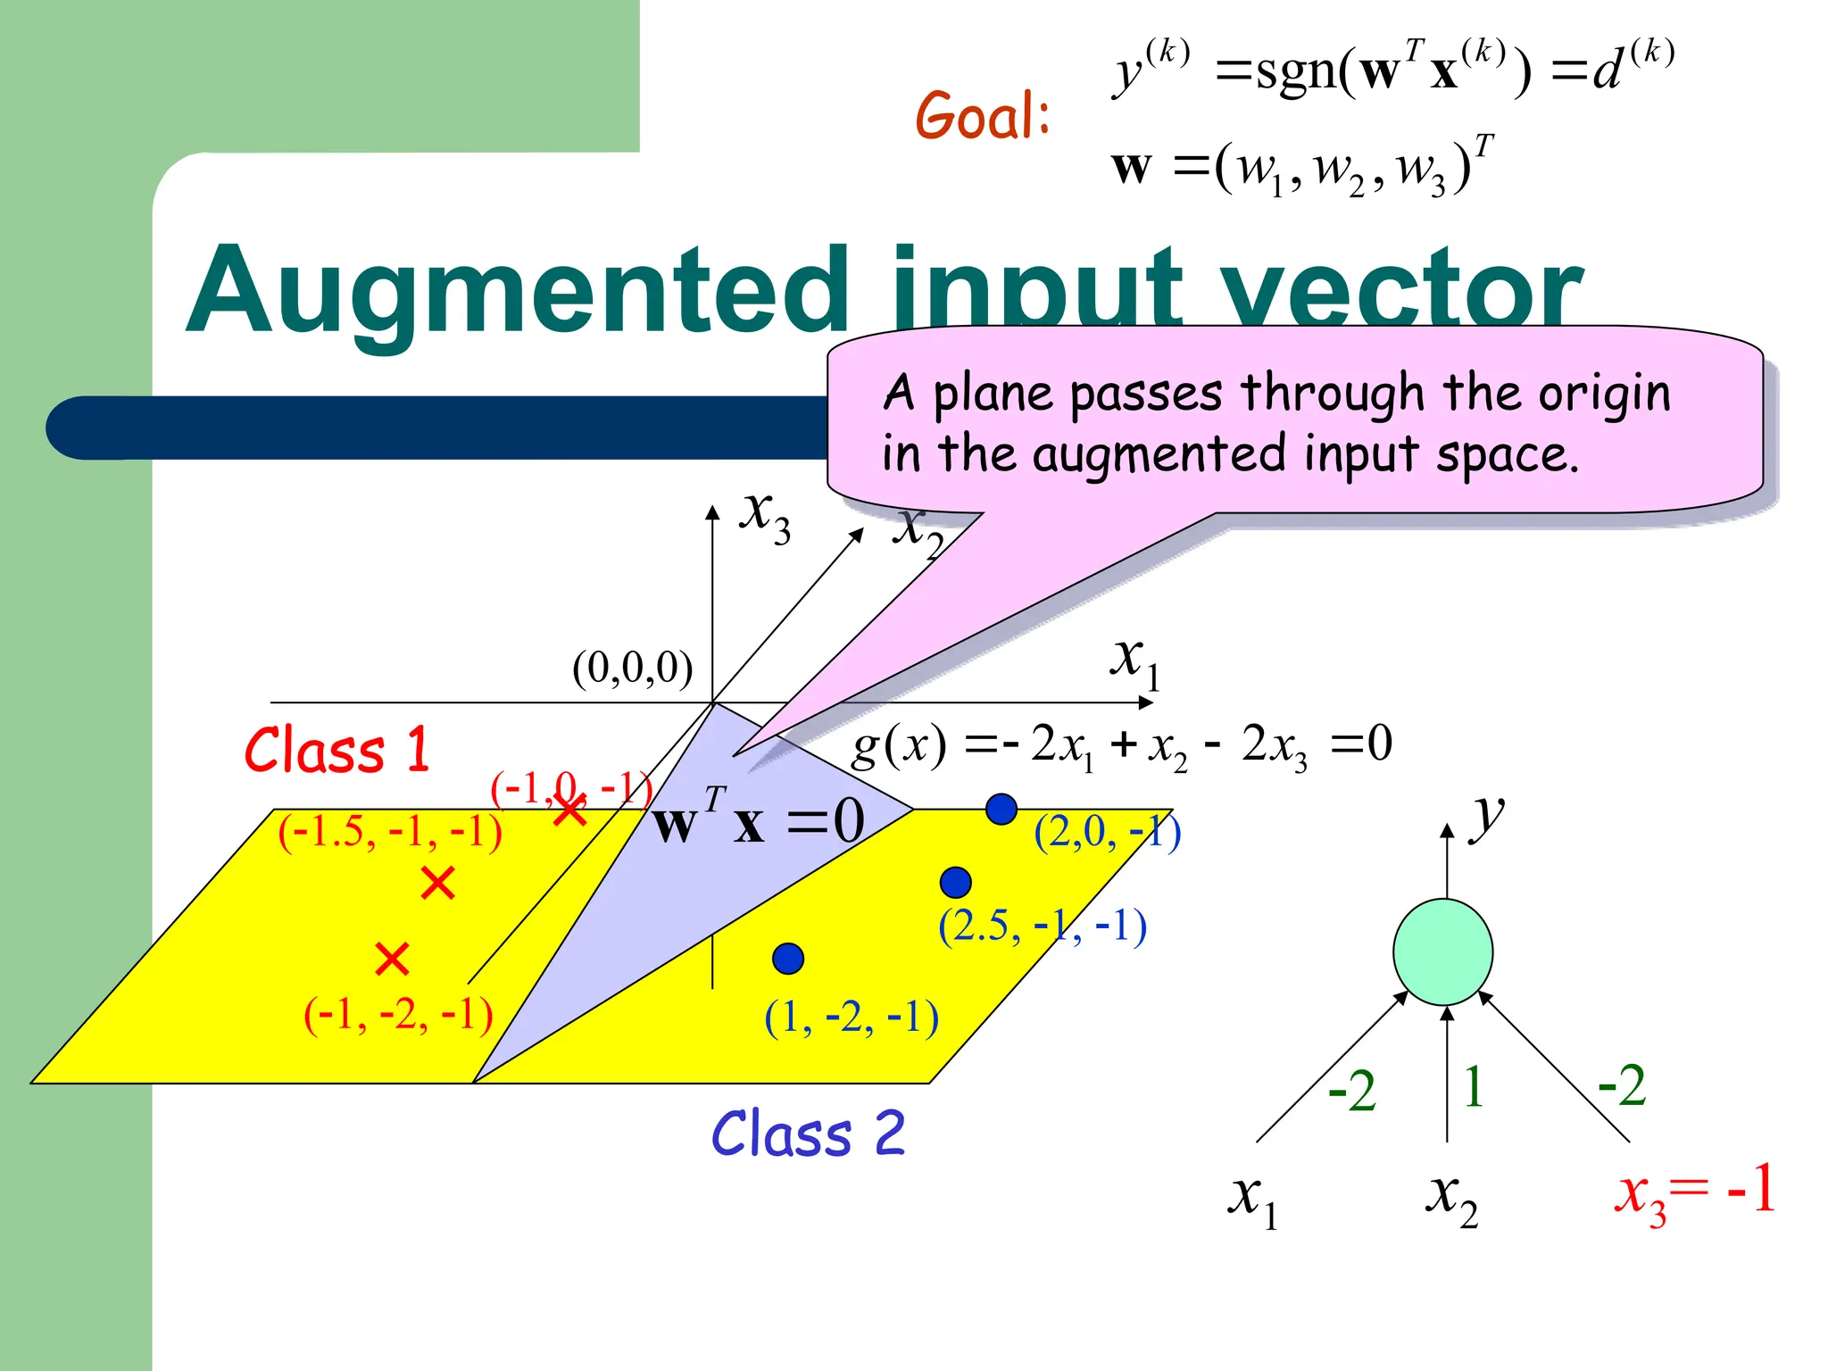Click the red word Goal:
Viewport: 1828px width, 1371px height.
(983, 116)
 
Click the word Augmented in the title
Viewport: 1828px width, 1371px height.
(518, 290)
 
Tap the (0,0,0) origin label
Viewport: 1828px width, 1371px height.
(632, 668)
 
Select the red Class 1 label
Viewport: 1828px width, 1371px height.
(337, 750)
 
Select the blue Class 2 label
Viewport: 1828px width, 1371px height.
(808, 1134)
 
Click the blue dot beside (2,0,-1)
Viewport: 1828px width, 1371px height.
(1001, 809)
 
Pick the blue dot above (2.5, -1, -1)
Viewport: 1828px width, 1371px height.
(955, 882)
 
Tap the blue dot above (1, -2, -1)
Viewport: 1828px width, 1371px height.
(788, 959)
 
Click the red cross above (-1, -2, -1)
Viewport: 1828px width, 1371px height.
(392, 960)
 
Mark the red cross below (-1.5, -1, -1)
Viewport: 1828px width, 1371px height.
(437, 883)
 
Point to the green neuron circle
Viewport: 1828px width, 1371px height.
(1442, 951)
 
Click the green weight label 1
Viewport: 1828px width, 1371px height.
(1474, 1087)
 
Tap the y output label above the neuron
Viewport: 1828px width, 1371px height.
(1487, 816)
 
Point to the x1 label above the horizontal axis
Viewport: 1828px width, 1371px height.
(1134, 661)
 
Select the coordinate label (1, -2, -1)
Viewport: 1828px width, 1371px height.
(852, 1017)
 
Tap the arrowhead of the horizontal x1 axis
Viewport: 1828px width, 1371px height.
(1146, 703)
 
